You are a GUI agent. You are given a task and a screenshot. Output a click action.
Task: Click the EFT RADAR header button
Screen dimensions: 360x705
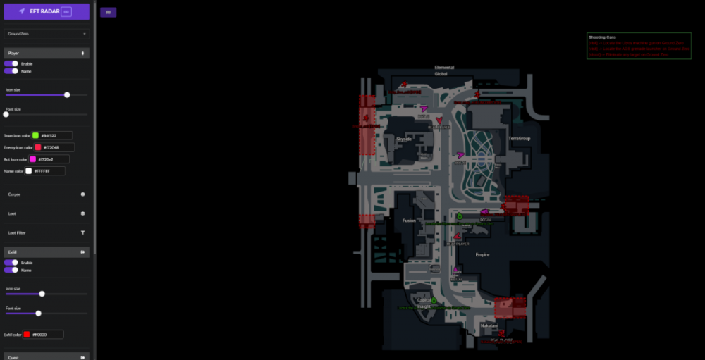pos(47,11)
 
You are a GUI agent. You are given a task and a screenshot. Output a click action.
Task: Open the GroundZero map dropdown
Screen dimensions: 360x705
pos(47,33)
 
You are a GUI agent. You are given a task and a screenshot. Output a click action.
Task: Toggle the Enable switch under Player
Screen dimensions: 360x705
pos(11,63)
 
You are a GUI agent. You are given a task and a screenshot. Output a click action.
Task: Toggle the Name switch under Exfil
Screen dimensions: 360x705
pos(11,270)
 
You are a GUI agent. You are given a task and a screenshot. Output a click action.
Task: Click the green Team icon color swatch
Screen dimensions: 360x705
pos(35,135)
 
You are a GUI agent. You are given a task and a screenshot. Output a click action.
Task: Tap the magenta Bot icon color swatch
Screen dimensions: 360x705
pos(32,159)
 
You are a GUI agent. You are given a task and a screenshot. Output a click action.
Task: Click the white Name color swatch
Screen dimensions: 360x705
pos(29,171)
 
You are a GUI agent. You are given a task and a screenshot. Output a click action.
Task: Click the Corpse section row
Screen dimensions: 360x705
pos(47,194)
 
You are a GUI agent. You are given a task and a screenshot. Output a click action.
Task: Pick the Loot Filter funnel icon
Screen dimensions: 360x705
pos(82,232)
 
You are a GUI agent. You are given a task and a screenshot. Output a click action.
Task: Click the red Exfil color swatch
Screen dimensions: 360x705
pos(27,335)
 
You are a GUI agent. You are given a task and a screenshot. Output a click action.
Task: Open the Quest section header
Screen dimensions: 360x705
pos(47,356)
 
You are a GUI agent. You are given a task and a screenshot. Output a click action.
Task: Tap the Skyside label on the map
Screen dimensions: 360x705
pos(404,139)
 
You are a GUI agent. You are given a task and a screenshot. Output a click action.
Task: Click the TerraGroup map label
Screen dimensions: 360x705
pos(519,138)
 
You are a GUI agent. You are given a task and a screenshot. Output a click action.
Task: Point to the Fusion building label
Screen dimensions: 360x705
pos(409,221)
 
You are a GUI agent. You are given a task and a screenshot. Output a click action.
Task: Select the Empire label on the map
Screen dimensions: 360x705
pos(482,254)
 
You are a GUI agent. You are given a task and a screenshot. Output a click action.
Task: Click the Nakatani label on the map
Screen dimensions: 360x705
pos(489,325)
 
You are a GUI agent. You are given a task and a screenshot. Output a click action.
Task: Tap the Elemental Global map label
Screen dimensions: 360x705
pos(444,70)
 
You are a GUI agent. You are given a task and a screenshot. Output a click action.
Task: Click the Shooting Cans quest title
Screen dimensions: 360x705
pos(602,37)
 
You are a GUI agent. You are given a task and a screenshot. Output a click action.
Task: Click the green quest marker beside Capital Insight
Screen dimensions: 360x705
pos(434,301)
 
